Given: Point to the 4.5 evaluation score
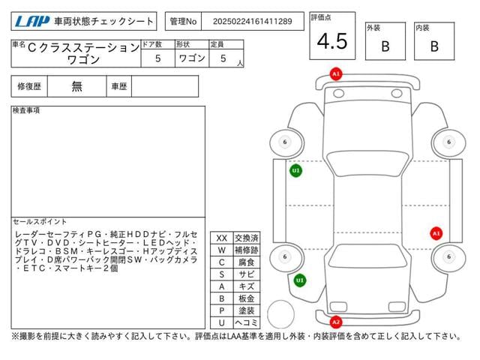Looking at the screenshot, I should pos(332,42).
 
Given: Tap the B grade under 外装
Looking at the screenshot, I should pos(385,46).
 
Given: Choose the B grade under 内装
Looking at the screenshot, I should pos(434,46).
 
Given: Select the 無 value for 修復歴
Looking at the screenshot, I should pos(77,86).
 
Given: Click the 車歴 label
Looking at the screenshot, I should pos(119,86).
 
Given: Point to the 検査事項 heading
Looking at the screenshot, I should pos(26,110).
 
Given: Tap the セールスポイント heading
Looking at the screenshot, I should pos(40,222).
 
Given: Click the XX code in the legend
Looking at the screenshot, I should pos(221,238).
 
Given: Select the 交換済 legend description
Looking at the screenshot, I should pos(246,238).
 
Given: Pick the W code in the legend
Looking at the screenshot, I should pos(221,250).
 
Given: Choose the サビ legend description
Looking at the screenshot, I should pos(246,274).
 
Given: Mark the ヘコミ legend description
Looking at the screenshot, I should pos(246,322).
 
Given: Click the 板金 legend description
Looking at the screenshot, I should pos(246,298).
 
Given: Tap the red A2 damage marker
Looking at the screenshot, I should pos(336,322).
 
